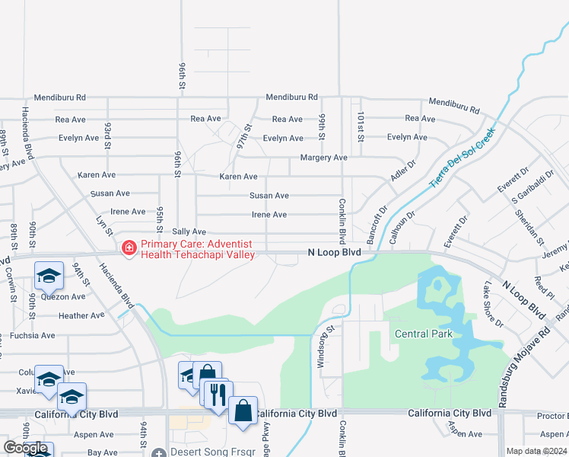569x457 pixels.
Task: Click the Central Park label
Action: click(x=423, y=334)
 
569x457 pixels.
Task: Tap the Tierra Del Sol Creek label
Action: click(x=462, y=158)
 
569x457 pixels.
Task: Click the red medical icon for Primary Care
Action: click(x=129, y=248)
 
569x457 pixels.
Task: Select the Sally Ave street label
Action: click(x=189, y=232)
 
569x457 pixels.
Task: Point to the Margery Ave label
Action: click(x=323, y=158)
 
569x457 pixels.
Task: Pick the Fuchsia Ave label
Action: click(x=32, y=335)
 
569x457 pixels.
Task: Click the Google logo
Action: click(x=26, y=448)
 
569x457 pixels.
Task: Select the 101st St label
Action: click(x=360, y=126)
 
